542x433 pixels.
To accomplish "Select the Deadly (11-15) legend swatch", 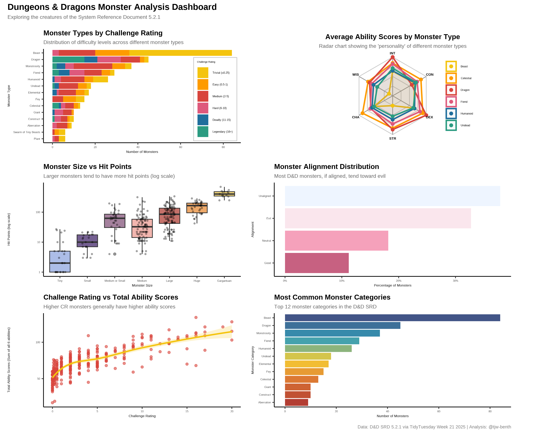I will point(203,120).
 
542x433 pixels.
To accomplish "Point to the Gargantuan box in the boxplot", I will point(224,194).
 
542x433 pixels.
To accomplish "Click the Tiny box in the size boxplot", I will point(60,261).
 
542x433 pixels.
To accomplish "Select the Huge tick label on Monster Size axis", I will point(197,281).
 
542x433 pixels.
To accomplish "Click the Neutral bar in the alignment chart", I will point(336,241).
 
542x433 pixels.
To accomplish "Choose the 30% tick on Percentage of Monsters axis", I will point(455,281).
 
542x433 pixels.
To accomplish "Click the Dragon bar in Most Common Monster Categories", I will point(342,325).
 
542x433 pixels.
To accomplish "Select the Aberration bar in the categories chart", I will point(296,402).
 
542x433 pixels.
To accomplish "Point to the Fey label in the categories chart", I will point(268,372).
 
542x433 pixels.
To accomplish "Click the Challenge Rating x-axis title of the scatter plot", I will point(142,416).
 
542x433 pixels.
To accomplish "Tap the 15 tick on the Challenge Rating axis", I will point(187,411).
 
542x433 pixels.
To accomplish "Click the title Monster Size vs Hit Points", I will point(87,167).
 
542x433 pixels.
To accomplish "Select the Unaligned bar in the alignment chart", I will point(392,196).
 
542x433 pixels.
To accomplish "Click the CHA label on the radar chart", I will point(355,117).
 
